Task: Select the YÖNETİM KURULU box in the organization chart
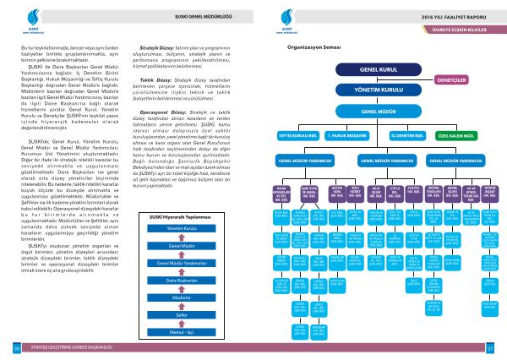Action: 379,87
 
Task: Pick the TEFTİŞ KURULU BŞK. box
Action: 300,134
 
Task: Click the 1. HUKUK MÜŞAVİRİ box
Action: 348,134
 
